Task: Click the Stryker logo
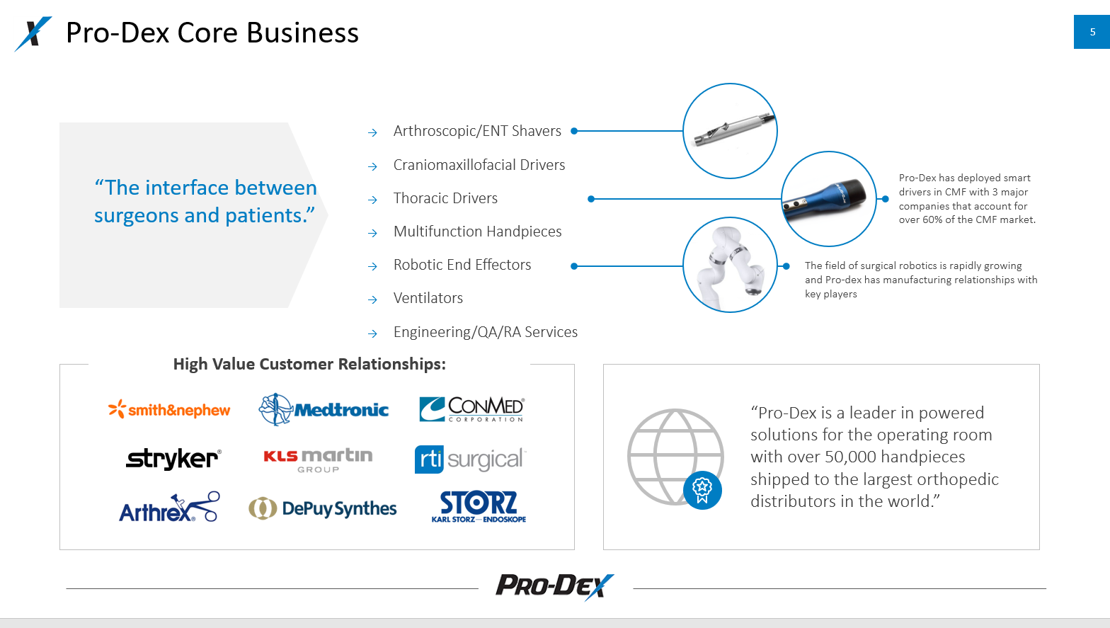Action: point(173,459)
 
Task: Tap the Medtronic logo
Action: point(324,409)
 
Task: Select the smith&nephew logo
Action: point(169,410)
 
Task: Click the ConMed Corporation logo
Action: point(471,409)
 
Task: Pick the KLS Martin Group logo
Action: point(318,459)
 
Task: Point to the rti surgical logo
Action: point(470,459)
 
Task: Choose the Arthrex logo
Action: point(169,508)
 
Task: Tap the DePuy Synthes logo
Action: point(323,508)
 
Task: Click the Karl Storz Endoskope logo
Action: point(479,507)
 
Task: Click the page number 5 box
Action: point(1092,32)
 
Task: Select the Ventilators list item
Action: point(428,298)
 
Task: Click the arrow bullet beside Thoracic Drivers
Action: point(373,200)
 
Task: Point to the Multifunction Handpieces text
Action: point(477,232)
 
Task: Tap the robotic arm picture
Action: point(730,266)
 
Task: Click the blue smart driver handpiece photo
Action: point(828,199)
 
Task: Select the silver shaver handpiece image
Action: point(730,131)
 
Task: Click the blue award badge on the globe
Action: point(702,489)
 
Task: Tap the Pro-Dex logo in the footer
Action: point(554,586)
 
